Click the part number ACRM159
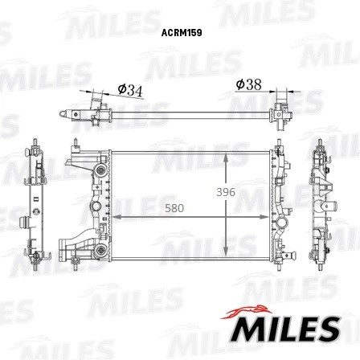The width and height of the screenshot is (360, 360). [180, 34]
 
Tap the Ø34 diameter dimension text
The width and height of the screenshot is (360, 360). [129, 91]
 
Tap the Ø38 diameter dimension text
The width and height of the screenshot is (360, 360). [249, 84]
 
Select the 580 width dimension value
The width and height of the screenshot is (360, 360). [174, 208]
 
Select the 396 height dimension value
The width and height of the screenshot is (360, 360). [226, 193]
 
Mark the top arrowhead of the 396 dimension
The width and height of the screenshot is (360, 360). [226, 156]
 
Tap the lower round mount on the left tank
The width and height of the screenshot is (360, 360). [99, 252]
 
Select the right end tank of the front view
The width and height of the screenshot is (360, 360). [278, 205]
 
